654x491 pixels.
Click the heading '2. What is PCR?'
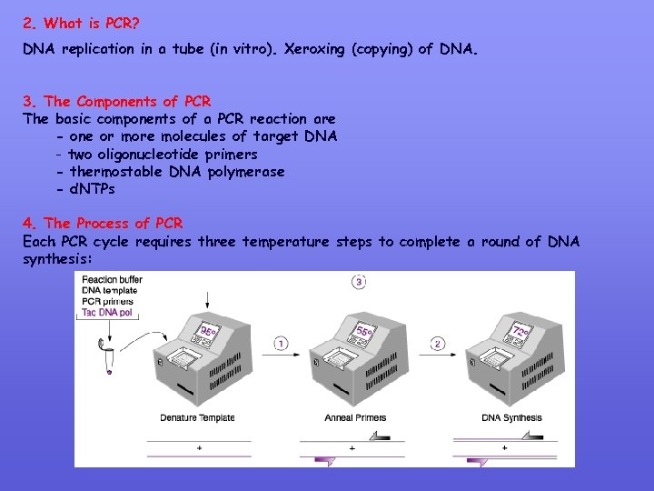[81, 23]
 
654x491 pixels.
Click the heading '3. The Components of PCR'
[116, 101]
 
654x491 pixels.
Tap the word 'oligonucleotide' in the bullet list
[153, 154]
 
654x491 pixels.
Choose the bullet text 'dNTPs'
[93, 189]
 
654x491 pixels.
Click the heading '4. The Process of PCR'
[103, 223]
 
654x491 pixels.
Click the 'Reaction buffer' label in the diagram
[113, 279]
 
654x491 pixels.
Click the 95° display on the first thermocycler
[209, 333]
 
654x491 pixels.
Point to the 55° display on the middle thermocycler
[365, 333]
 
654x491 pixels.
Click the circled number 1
[282, 344]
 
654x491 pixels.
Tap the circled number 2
[438, 344]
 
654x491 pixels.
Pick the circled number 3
[359, 282]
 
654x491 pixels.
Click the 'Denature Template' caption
[197, 418]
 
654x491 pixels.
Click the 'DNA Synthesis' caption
[510, 418]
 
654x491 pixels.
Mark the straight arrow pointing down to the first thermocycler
[209, 296]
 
